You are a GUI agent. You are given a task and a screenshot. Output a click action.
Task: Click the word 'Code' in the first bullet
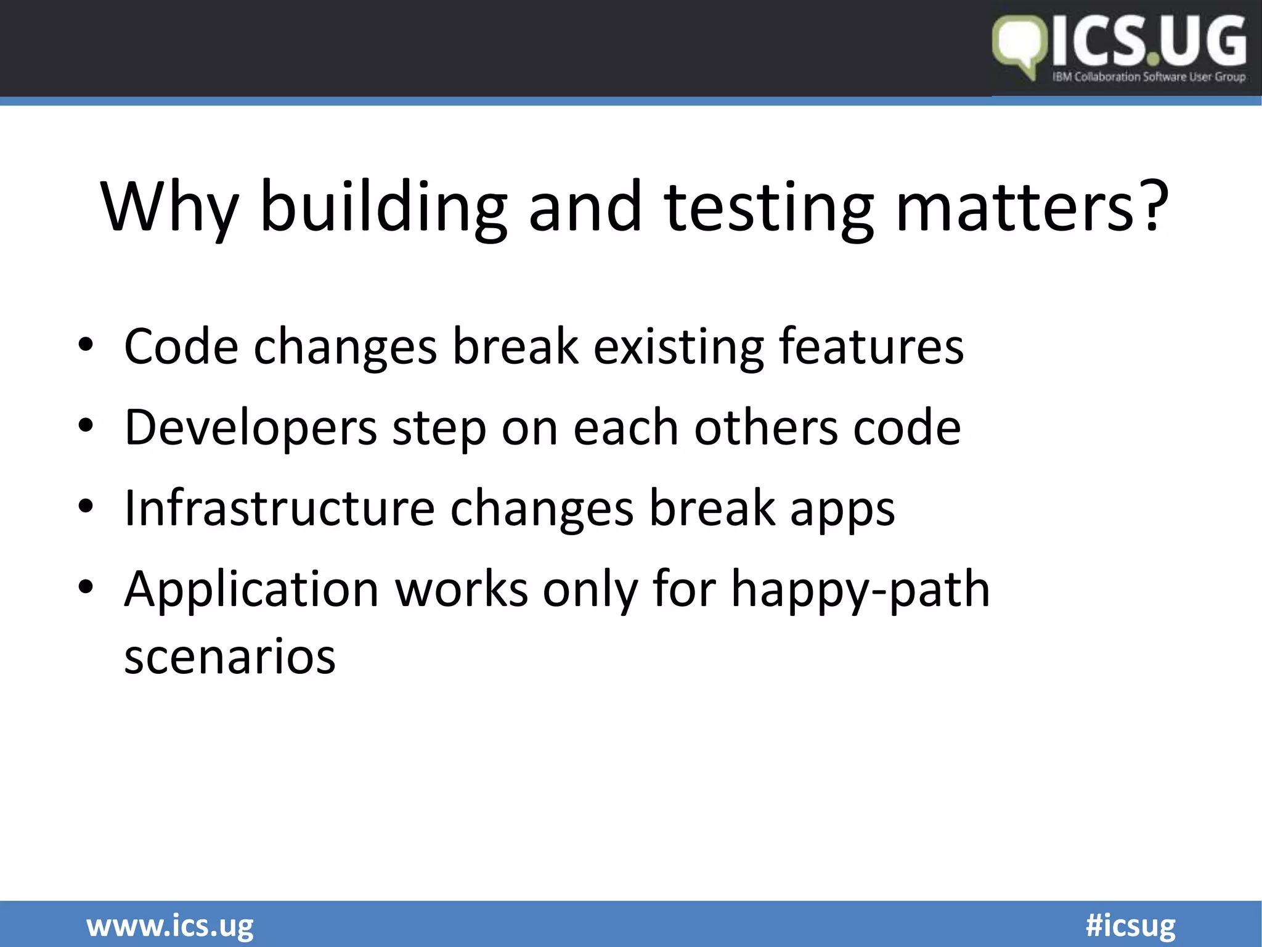[181, 346]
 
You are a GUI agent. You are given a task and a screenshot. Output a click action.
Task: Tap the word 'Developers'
[250, 428]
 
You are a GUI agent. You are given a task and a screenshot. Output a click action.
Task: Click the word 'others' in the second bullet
[766, 427]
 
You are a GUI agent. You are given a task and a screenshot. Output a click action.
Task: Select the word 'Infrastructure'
[279, 508]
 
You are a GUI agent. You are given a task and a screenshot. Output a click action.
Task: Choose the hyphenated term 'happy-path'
[860, 589]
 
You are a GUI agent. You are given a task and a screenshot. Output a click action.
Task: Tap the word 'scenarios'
[230, 656]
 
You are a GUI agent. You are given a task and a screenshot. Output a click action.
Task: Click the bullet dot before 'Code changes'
[86, 345]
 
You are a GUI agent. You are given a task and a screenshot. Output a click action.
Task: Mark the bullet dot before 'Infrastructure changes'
[86, 507]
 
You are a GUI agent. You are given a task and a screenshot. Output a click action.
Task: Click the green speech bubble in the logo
[1020, 46]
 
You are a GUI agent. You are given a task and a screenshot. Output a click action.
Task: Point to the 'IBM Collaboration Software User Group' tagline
[1149, 77]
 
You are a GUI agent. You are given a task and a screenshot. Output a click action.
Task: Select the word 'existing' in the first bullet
[678, 346]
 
